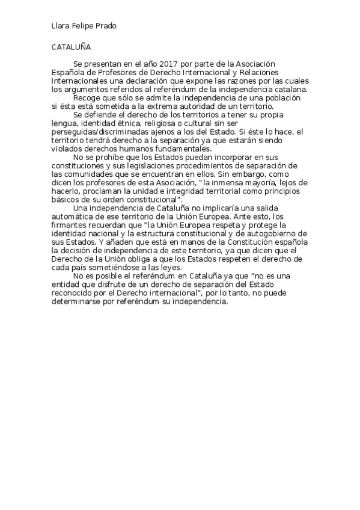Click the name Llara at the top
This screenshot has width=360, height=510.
click(59, 26)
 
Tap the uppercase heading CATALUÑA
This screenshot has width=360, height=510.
click(71, 46)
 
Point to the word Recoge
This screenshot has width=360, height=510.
click(85, 97)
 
